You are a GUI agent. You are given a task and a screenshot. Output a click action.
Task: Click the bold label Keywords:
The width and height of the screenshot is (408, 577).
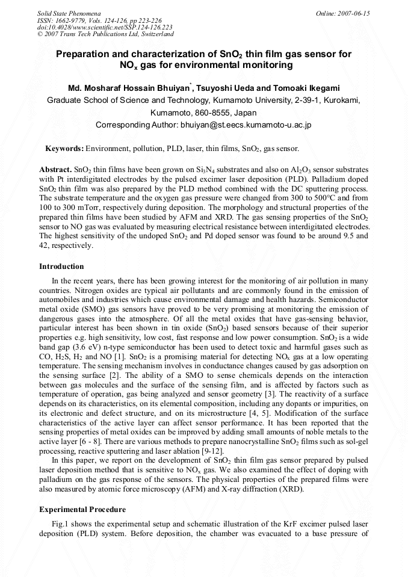click(x=64, y=148)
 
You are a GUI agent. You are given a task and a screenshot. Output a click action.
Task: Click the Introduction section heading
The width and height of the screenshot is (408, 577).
click(x=61, y=267)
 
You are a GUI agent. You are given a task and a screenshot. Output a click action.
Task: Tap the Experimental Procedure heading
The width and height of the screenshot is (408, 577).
click(x=79, y=509)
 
